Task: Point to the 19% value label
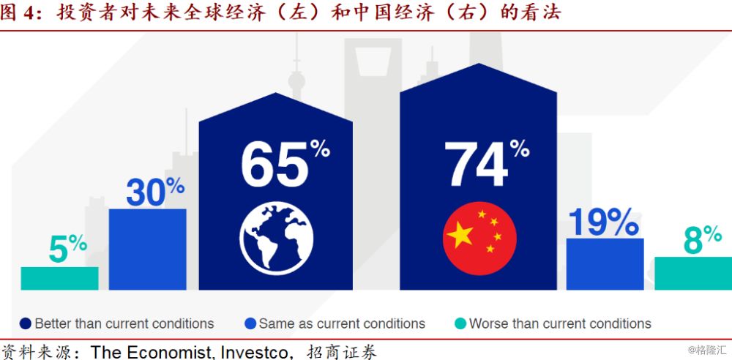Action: (x=603, y=222)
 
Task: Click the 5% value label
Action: (x=67, y=249)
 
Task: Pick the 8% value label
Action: (x=703, y=239)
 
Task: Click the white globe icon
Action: (x=277, y=238)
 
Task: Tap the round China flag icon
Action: (x=479, y=238)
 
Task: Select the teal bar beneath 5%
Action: (x=60, y=278)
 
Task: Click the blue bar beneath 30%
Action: (x=148, y=250)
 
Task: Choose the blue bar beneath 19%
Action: (x=605, y=264)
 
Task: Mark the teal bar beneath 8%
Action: (x=693, y=273)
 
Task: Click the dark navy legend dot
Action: (x=26, y=323)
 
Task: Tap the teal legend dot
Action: (x=460, y=323)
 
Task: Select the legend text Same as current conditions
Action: (x=342, y=323)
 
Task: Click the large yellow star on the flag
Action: (x=460, y=234)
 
